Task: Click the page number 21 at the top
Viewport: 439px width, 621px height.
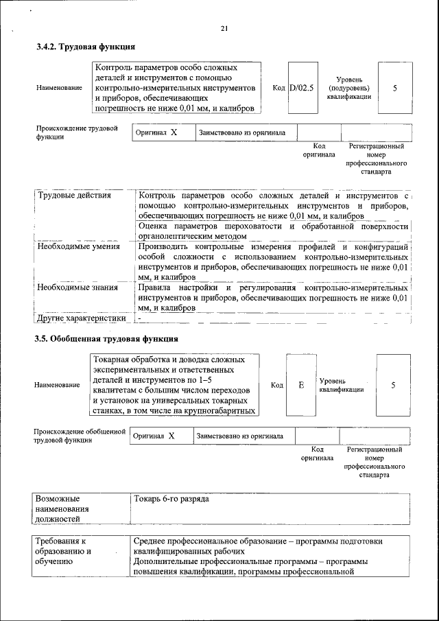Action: pyautogui.click(x=224, y=28)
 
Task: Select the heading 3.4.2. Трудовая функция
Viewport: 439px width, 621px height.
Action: pyautogui.click(x=85, y=47)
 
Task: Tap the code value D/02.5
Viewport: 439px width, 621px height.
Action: pyautogui.click(x=301, y=88)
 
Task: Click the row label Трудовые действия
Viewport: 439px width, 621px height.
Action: pyautogui.click(x=73, y=196)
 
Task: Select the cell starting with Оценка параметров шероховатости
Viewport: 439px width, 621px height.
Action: pyautogui.click(x=272, y=231)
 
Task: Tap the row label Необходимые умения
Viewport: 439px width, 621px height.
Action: pyautogui.click(x=78, y=246)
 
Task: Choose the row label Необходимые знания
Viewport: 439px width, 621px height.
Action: pyautogui.click(x=78, y=288)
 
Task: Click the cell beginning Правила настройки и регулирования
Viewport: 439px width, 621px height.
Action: pyautogui.click(x=272, y=298)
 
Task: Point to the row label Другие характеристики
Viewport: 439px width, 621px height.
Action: pyautogui.click(x=81, y=318)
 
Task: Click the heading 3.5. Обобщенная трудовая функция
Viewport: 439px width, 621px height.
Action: pyautogui.click(x=107, y=339)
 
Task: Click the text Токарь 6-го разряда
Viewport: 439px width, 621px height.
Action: pyautogui.click(x=171, y=499)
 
